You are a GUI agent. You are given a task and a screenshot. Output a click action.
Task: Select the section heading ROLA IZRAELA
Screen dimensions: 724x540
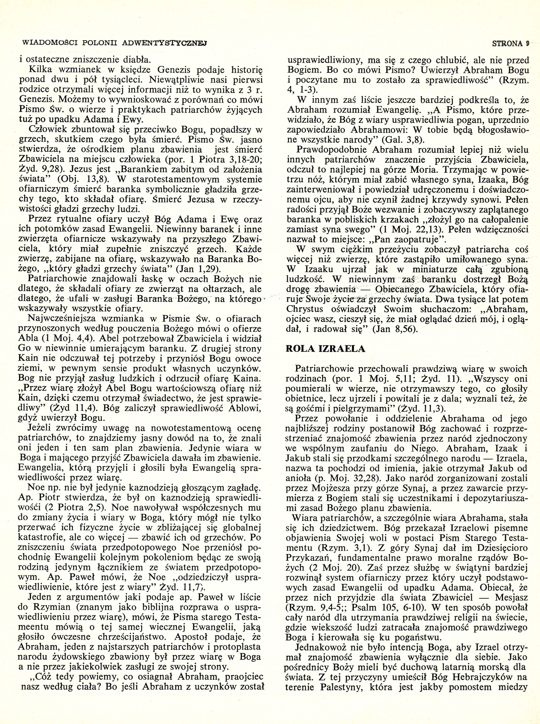(x=320, y=349)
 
